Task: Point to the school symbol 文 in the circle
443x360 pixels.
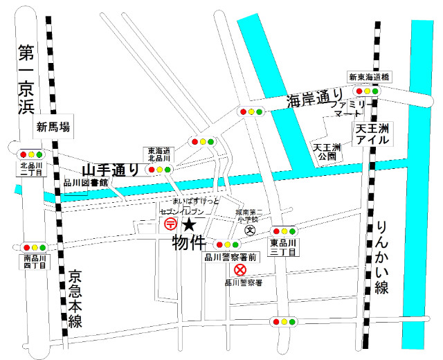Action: [x=251, y=230]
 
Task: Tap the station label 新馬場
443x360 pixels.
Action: [x=54, y=127]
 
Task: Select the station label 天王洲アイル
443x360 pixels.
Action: [x=372, y=134]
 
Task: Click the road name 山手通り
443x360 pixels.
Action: [x=110, y=170]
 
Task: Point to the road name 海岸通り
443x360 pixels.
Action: [x=315, y=100]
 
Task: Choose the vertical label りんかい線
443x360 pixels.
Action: [x=381, y=258]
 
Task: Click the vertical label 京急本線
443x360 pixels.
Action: [x=75, y=300]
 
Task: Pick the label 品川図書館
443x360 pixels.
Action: [x=86, y=183]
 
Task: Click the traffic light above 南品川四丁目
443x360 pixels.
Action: [x=35, y=247]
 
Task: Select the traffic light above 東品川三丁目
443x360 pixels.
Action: [x=283, y=231]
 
